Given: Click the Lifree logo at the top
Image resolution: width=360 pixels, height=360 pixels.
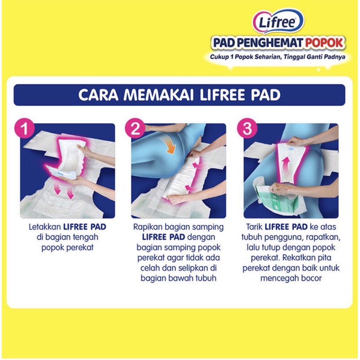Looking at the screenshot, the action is (278, 21).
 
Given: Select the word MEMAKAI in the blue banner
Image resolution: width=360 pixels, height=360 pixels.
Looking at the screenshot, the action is (158, 94).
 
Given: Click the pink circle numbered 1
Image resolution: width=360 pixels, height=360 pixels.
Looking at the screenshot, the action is (25, 128).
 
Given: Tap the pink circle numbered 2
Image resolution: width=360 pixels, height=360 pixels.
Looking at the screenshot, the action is (135, 128).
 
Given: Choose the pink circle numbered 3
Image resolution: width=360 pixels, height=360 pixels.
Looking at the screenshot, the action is (247, 128).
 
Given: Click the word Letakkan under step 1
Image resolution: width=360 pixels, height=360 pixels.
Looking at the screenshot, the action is (45, 227).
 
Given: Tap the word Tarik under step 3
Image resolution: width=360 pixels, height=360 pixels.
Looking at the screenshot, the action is (254, 227).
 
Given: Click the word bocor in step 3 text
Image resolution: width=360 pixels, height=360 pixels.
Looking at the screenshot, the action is (311, 278).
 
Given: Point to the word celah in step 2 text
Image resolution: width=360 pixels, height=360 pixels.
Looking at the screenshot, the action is (150, 268).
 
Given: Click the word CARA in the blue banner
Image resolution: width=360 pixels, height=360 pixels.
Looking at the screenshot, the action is (98, 94).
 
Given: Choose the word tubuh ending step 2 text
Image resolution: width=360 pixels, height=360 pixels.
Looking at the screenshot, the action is (206, 278).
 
